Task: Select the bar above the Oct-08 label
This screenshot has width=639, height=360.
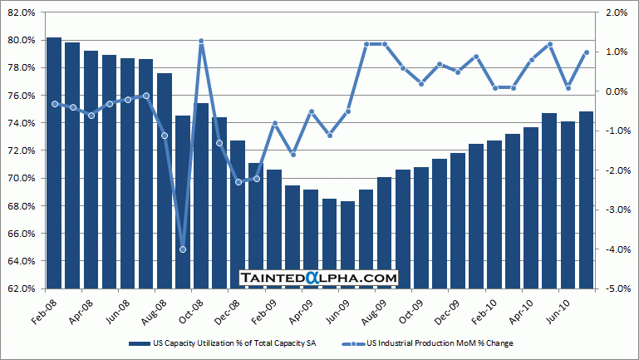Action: pyautogui.click(x=201, y=195)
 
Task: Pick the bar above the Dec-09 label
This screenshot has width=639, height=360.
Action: pyautogui.click(x=457, y=220)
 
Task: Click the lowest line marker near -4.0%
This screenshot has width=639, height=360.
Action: pyautogui.click(x=183, y=249)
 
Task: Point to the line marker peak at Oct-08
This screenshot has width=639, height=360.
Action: pyautogui.click(x=201, y=41)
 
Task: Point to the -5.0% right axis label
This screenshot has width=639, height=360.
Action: pyautogui.click(x=617, y=288)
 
